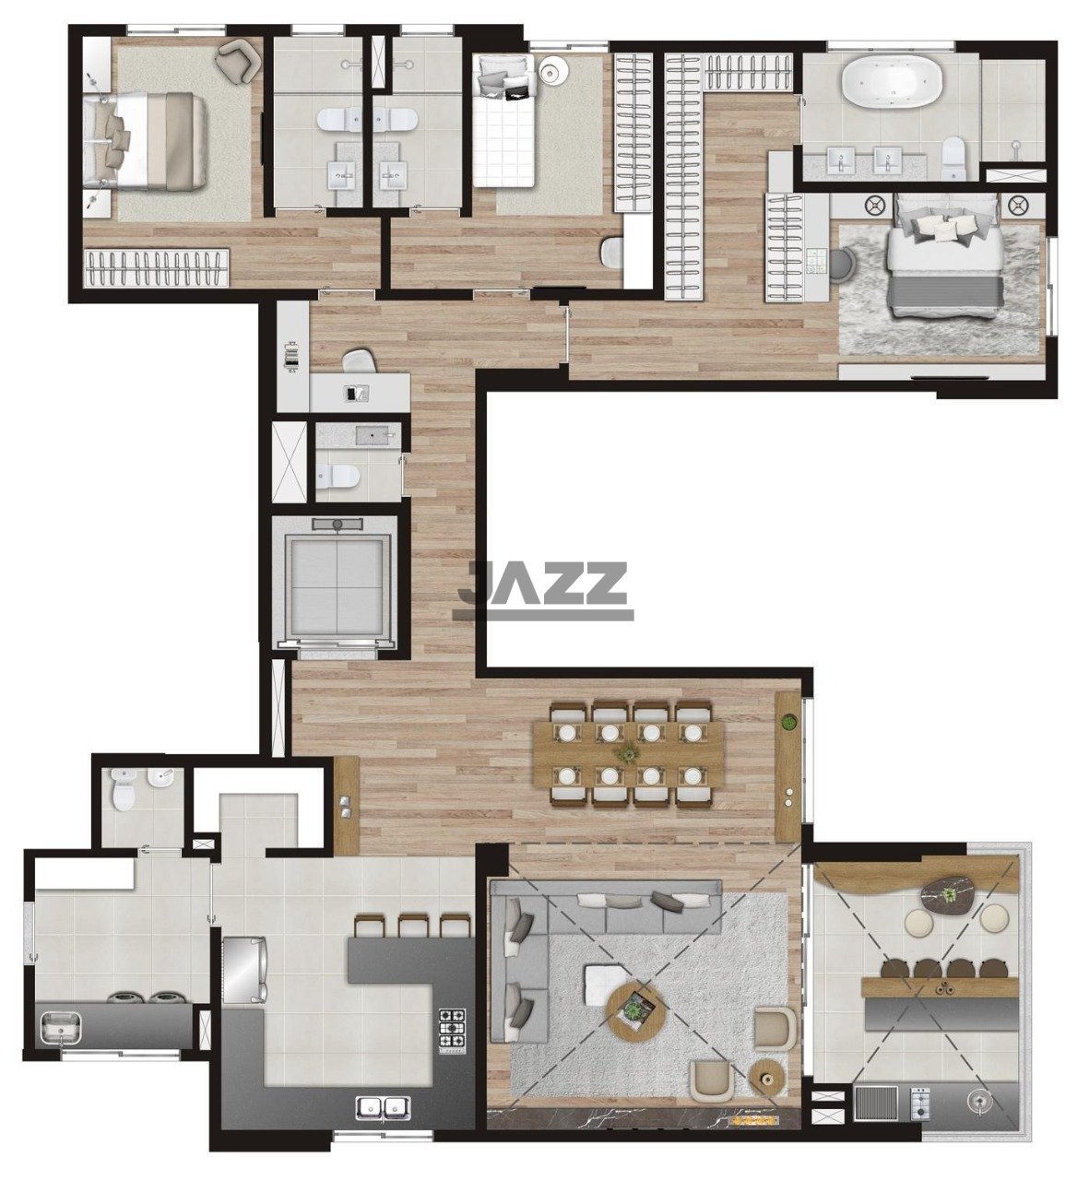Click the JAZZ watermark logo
(x=541, y=591)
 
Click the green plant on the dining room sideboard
(x=788, y=724)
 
